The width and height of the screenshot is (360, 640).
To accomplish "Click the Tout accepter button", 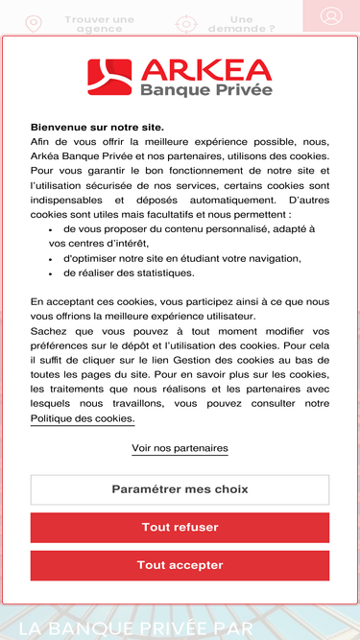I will click(x=180, y=565).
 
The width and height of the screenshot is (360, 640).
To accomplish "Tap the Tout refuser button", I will click(x=180, y=527).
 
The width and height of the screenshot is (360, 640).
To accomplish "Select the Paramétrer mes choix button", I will click(x=180, y=489).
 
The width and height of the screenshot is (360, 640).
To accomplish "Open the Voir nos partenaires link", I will click(x=180, y=448).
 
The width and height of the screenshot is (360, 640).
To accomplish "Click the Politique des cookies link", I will click(x=83, y=418).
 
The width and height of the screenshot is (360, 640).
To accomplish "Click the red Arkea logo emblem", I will click(x=109, y=78).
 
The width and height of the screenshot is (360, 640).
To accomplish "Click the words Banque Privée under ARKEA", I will click(x=205, y=89).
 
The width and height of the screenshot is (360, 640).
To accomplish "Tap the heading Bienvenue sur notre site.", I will click(x=97, y=127).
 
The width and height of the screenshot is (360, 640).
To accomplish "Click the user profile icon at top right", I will click(x=331, y=16).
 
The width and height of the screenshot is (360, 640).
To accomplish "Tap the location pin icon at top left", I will click(x=34, y=24).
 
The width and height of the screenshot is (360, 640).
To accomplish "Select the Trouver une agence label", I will click(x=99, y=24).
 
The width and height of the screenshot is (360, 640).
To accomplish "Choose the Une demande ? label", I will click(x=242, y=24).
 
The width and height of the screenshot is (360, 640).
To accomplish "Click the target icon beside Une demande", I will click(x=186, y=24).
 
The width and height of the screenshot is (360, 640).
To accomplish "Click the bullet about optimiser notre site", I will click(x=182, y=258).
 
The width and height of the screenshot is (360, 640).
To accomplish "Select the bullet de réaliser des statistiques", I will click(x=129, y=273).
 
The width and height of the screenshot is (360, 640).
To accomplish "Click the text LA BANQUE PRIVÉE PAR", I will click(x=137, y=628).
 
